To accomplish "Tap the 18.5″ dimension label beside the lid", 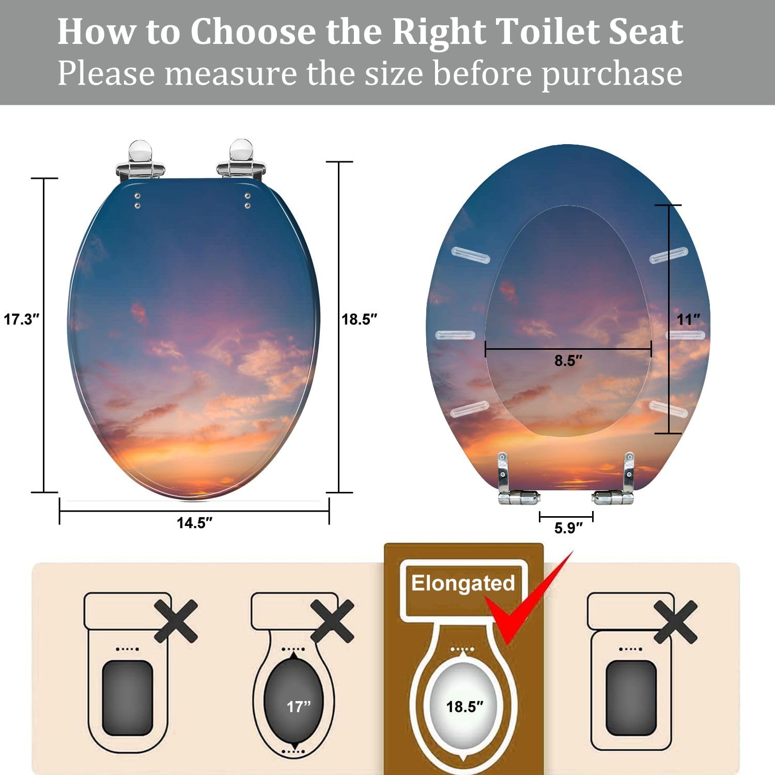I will click(360, 319).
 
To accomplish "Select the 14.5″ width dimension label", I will click(194, 523).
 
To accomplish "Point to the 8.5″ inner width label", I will click(568, 361).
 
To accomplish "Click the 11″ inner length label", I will click(689, 319).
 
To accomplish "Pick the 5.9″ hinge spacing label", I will click(568, 528).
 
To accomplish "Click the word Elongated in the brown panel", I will click(463, 583).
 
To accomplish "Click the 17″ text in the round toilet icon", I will click(299, 706).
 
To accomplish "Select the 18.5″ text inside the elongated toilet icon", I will click(464, 706).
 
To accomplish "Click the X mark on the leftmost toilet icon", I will click(176, 621).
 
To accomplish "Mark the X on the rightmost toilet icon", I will click(675, 622).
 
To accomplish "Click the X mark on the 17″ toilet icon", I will click(332, 621).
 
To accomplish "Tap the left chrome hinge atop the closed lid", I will click(140, 160).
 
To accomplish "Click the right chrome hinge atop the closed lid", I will click(241, 160).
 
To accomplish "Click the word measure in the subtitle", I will click(231, 73).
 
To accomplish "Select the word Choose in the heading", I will click(253, 32).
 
